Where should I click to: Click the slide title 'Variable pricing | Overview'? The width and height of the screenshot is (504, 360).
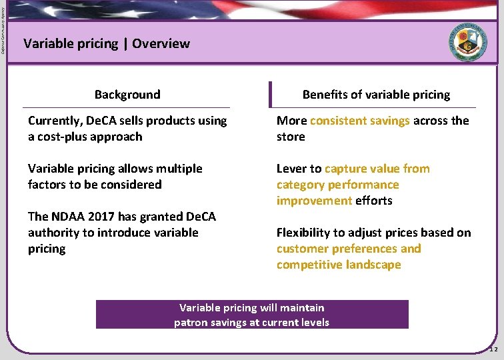tap(107, 44)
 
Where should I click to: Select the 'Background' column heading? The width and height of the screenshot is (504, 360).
tap(127, 95)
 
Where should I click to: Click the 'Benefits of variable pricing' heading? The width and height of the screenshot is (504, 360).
tap(376, 95)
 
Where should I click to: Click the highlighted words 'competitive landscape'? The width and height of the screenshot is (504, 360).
tap(339, 265)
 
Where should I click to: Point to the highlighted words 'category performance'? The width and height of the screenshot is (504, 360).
tap(337, 185)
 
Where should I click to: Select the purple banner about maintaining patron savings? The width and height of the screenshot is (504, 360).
tap(252, 315)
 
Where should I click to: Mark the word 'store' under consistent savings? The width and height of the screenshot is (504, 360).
tap(291, 137)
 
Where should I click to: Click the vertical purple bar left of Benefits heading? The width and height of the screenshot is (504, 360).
tap(271, 95)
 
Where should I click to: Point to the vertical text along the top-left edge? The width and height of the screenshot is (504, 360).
tap(3, 30)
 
